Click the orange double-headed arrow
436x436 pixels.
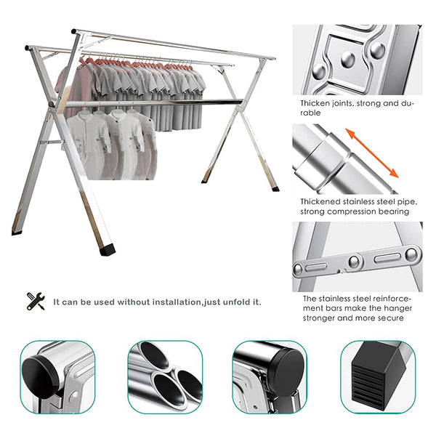coord(371,153)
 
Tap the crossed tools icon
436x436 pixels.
coord(36,301)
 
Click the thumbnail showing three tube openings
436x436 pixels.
coord(165,377)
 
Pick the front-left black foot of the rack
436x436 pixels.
coord(105,249)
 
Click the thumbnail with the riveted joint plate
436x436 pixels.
coord(357,60)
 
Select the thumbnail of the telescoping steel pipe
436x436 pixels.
coord(357,158)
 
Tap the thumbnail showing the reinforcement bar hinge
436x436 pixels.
coord(357,256)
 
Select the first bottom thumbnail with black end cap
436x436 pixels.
coord(58,377)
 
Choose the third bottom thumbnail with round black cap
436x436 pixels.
coord(270,377)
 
